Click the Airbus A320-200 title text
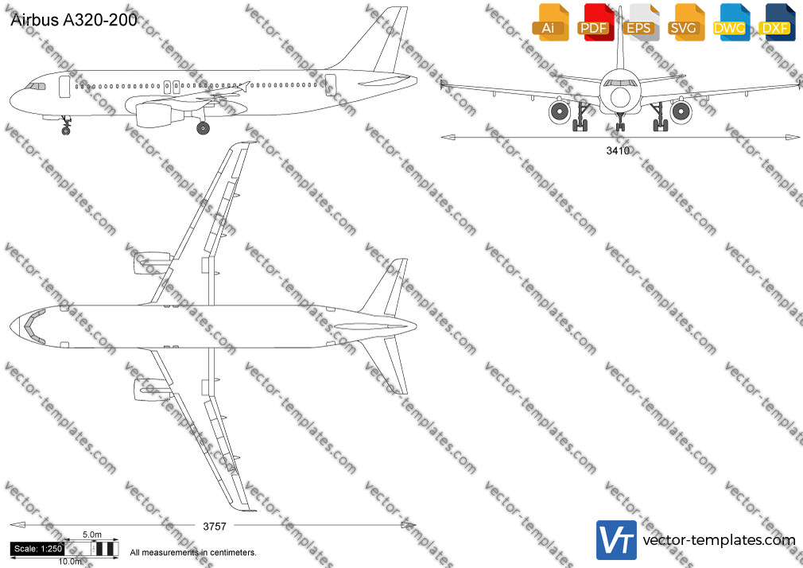(74, 19)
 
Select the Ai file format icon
(550, 22)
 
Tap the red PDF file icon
(596, 22)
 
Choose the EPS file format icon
(641, 22)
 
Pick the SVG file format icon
(686, 22)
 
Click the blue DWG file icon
(731, 22)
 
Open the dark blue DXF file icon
(777, 22)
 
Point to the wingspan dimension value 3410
(618, 150)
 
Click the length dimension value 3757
(215, 527)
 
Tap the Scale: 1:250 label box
(37, 549)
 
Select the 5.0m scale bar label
(92, 535)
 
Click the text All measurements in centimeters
(193, 553)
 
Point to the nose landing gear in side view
(66, 126)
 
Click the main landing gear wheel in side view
(203, 127)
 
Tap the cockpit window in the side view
(36, 86)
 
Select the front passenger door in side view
(64, 87)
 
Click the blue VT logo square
(617, 540)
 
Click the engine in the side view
(160, 114)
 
